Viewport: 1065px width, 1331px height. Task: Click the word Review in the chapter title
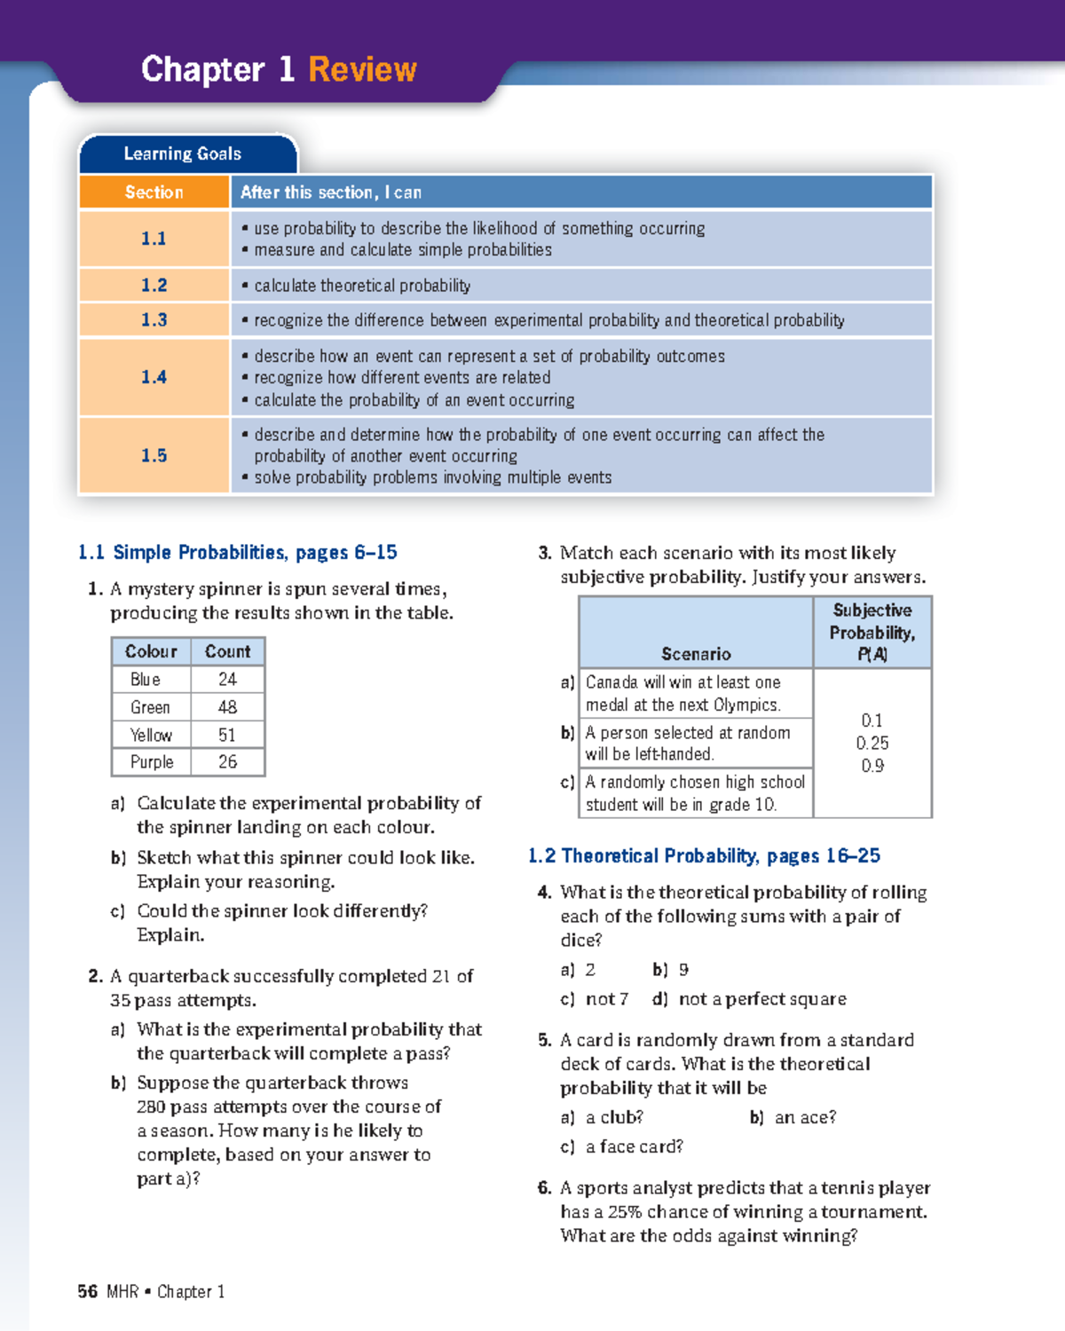click(362, 69)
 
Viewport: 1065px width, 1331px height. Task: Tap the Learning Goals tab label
click(182, 154)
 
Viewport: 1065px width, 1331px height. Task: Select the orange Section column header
click(154, 193)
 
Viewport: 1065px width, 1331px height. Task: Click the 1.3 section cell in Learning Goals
click(154, 320)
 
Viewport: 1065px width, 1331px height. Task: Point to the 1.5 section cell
click(154, 455)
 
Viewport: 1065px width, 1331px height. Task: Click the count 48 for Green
click(227, 707)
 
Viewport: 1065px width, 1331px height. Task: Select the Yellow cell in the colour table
click(151, 735)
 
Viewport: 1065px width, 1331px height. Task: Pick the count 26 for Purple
click(227, 762)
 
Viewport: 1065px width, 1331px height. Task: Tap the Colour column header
click(151, 651)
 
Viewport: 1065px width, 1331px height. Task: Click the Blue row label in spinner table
click(146, 680)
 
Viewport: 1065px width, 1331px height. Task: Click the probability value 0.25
click(872, 744)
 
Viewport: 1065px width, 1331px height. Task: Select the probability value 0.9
click(872, 766)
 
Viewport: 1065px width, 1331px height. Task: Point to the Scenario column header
click(696, 654)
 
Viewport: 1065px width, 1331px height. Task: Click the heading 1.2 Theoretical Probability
click(704, 856)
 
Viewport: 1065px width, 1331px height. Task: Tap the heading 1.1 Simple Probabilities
click(237, 553)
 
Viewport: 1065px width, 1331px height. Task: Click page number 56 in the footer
click(87, 1292)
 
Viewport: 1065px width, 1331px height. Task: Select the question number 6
click(544, 1188)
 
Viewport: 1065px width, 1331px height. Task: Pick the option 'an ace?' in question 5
click(805, 1118)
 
